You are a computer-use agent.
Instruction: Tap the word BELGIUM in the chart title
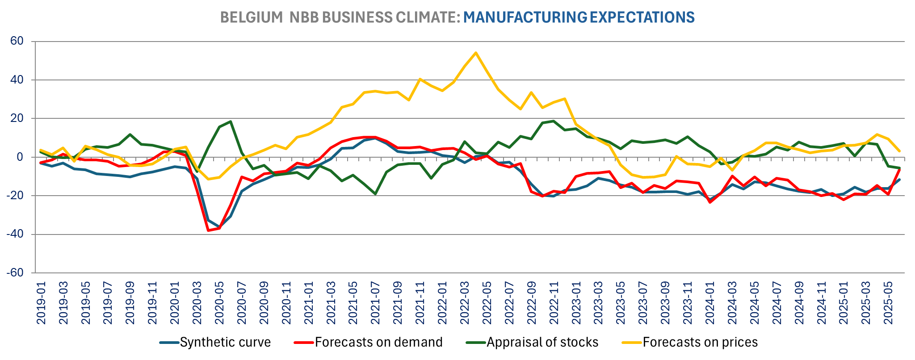pos(251,17)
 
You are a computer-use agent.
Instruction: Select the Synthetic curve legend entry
pos(225,342)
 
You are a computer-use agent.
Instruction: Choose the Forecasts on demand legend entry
pos(378,342)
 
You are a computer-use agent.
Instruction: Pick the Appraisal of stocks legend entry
pos(542,342)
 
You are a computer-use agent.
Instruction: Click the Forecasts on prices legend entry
pos(700,342)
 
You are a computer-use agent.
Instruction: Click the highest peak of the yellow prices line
pos(476,53)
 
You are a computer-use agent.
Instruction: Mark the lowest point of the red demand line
pos(208,230)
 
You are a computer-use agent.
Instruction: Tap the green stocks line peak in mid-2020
pos(230,121)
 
